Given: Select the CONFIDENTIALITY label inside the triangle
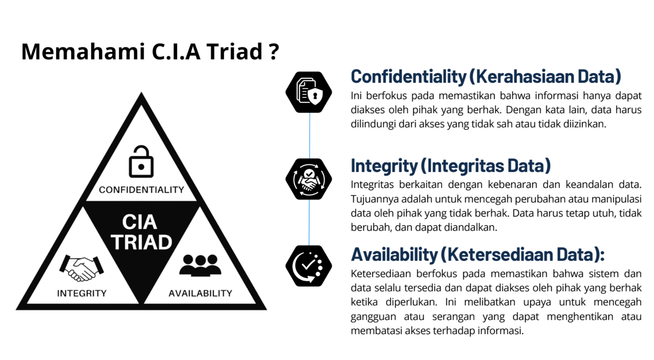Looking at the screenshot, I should coord(142,190).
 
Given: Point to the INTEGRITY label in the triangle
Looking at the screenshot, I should coord(82,294).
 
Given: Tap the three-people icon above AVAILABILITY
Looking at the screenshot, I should coord(200,265).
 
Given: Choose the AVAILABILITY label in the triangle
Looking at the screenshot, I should coord(200,294).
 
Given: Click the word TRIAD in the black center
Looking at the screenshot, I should coord(142,243).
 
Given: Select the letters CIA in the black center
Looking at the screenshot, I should coord(140,222).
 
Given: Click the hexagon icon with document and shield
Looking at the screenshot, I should coord(309,92).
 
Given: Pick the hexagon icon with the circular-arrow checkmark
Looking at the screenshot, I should coord(309,266).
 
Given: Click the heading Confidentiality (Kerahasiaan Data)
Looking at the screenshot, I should coord(486,77).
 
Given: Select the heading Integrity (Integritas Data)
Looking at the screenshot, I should coord(451,166).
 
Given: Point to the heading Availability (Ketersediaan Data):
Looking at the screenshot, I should coord(477,255).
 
